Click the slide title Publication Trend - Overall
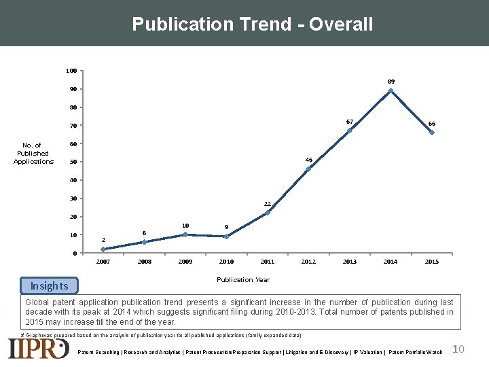253,24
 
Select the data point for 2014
391,90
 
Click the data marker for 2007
103,249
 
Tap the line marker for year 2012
308,169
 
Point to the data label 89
391,82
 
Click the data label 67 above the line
349,122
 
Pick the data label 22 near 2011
268,204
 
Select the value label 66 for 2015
432,124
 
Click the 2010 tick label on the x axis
226,262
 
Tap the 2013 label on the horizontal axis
349,262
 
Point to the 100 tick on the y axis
71,71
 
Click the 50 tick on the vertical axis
73,162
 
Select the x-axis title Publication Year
243,279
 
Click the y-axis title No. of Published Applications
33,154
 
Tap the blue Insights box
49,285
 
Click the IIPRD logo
39,348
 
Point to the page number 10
458,349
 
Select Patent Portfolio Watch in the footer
415,352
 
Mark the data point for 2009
185,234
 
